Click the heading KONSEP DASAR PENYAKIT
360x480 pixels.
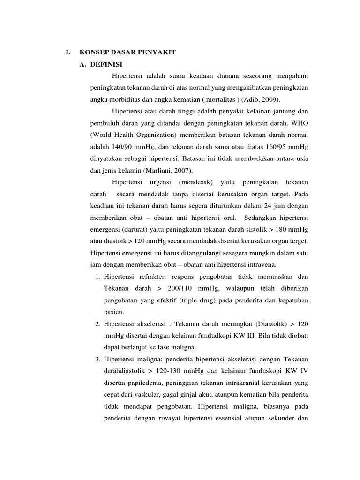128,53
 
